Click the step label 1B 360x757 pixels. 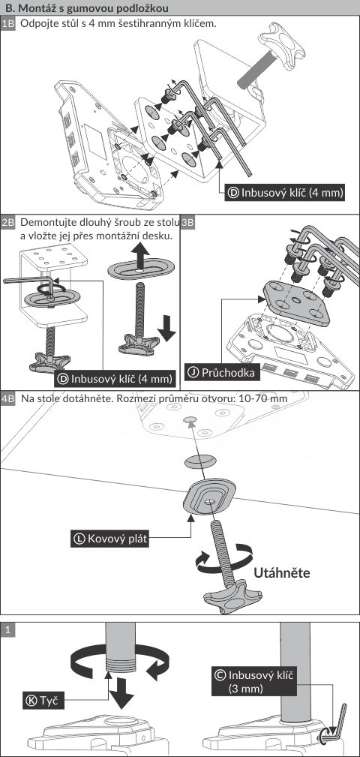(x=8, y=24)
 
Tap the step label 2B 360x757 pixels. (x=8, y=223)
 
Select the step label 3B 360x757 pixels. (x=187, y=223)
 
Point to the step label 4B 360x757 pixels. (x=8, y=399)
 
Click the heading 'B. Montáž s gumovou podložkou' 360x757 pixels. (x=86, y=8)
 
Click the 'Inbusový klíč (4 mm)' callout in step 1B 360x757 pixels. (x=285, y=193)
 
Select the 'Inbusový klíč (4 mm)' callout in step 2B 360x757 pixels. (x=115, y=378)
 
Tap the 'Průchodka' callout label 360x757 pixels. (x=223, y=372)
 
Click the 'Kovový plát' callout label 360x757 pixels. (x=109, y=538)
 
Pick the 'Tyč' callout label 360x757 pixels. (x=43, y=701)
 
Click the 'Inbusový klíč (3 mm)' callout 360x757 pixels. (x=253, y=681)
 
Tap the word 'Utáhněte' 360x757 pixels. (x=281, y=572)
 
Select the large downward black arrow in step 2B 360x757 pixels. (x=166, y=329)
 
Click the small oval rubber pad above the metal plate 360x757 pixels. (x=200, y=461)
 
